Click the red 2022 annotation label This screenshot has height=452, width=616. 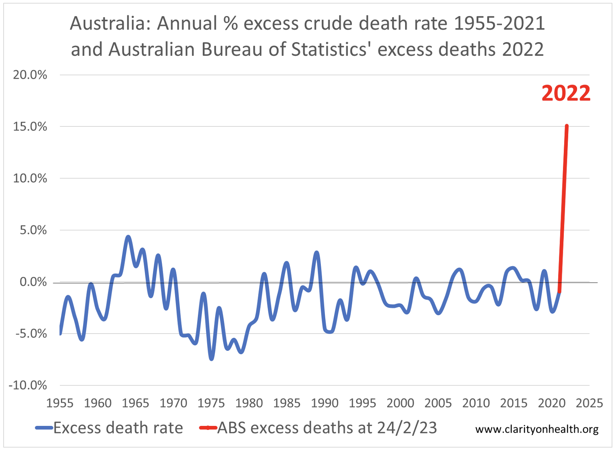point(566,93)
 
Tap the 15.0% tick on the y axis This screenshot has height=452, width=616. point(30,127)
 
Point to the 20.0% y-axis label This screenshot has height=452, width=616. point(30,75)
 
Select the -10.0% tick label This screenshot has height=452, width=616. point(28,385)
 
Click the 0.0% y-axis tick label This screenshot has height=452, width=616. point(33,282)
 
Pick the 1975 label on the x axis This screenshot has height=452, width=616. point(211,403)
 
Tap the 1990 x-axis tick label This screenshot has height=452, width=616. point(324,403)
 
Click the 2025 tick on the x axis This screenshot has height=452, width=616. point(589,403)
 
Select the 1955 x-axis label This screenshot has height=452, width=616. point(60,403)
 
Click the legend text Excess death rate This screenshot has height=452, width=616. point(118,428)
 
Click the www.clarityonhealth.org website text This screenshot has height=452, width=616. point(537,430)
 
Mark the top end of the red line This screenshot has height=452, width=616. point(567,126)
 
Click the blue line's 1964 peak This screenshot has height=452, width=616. point(128,237)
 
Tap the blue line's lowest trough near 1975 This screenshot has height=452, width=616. point(212,358)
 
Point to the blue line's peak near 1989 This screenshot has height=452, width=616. point(317,253)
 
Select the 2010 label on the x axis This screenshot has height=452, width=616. point(475,403)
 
